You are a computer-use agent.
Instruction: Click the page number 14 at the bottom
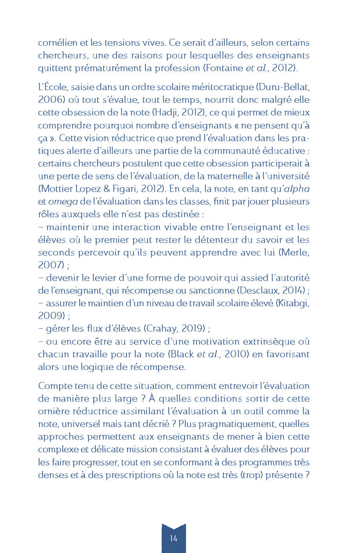point(173,538)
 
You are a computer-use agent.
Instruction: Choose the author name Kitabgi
point(293,302)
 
